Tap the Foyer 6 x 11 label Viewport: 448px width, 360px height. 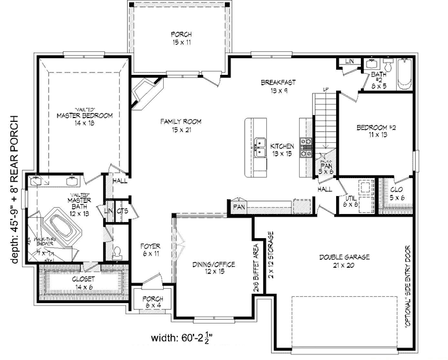150,249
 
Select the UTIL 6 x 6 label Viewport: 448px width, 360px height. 350,199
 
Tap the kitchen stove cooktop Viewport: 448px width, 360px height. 305,147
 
